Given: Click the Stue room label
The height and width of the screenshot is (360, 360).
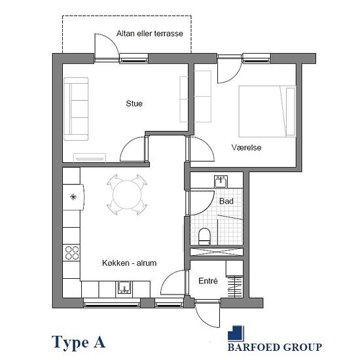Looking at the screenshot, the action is click(x=134, y=103).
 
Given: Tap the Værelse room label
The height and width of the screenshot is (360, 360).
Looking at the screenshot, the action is click(x=246, y=147).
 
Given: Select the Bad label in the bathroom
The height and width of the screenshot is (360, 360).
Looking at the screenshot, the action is click(x=226, y=202).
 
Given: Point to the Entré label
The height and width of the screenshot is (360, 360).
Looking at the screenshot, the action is click(x=208, y=281).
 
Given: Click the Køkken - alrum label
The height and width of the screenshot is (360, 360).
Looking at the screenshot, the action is click(x=129, y=263).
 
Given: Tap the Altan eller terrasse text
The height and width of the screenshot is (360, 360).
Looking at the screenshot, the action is click(x=150, y=33).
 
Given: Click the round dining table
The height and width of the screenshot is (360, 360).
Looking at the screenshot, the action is click(x=127, y=194).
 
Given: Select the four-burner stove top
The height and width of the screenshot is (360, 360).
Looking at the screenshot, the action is click(x=71, y=253).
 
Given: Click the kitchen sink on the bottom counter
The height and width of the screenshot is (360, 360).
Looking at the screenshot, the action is click(x=124, y=287).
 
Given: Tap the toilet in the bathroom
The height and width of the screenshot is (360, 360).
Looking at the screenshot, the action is click(x=204, y=236).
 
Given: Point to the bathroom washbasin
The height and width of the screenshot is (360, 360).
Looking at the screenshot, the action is click(x=221, y=181).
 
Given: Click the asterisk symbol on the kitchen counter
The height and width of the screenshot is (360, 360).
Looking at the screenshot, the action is click(x=73, y=197).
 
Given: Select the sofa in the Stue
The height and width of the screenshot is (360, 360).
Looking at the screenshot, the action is click(x=76, y=109).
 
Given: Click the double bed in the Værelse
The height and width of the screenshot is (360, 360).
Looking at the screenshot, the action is click(x=267, y=111).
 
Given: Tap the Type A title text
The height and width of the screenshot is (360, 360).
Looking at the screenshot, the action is click(x=79, y=342).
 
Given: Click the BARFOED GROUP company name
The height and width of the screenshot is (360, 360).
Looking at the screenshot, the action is click(x=275, y=347).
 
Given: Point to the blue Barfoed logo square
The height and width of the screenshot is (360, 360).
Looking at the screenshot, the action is click(x=236, y=333).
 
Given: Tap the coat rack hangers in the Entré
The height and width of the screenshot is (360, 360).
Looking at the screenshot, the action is click(x=235, y=287).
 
